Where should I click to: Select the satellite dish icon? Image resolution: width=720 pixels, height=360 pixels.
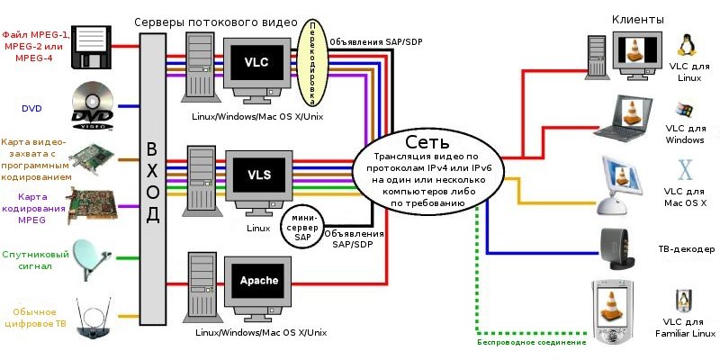tap(91, 257)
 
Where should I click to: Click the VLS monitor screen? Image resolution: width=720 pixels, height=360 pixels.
tap(258, 172)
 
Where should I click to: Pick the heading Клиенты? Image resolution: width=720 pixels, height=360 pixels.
tap(638, 18)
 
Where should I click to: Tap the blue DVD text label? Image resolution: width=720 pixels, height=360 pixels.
tap(31, 108)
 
